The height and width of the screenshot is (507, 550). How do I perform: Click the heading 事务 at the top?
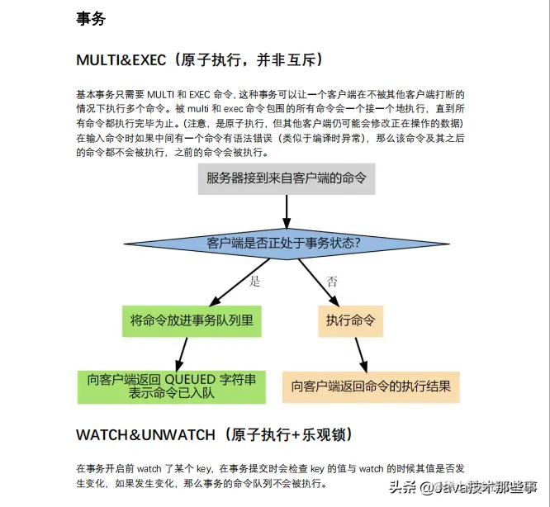pos(91,19)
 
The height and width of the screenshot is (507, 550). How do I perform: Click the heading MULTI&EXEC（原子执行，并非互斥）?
pos(199,60)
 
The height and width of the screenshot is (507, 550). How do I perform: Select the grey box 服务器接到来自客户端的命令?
pos(287,177)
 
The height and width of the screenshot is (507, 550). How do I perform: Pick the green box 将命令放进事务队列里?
pos(192,320)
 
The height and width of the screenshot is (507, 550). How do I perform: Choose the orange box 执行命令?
pos(350,320)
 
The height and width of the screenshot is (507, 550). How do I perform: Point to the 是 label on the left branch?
pos(254,281)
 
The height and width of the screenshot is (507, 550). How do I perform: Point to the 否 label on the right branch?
pos(332,281)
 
